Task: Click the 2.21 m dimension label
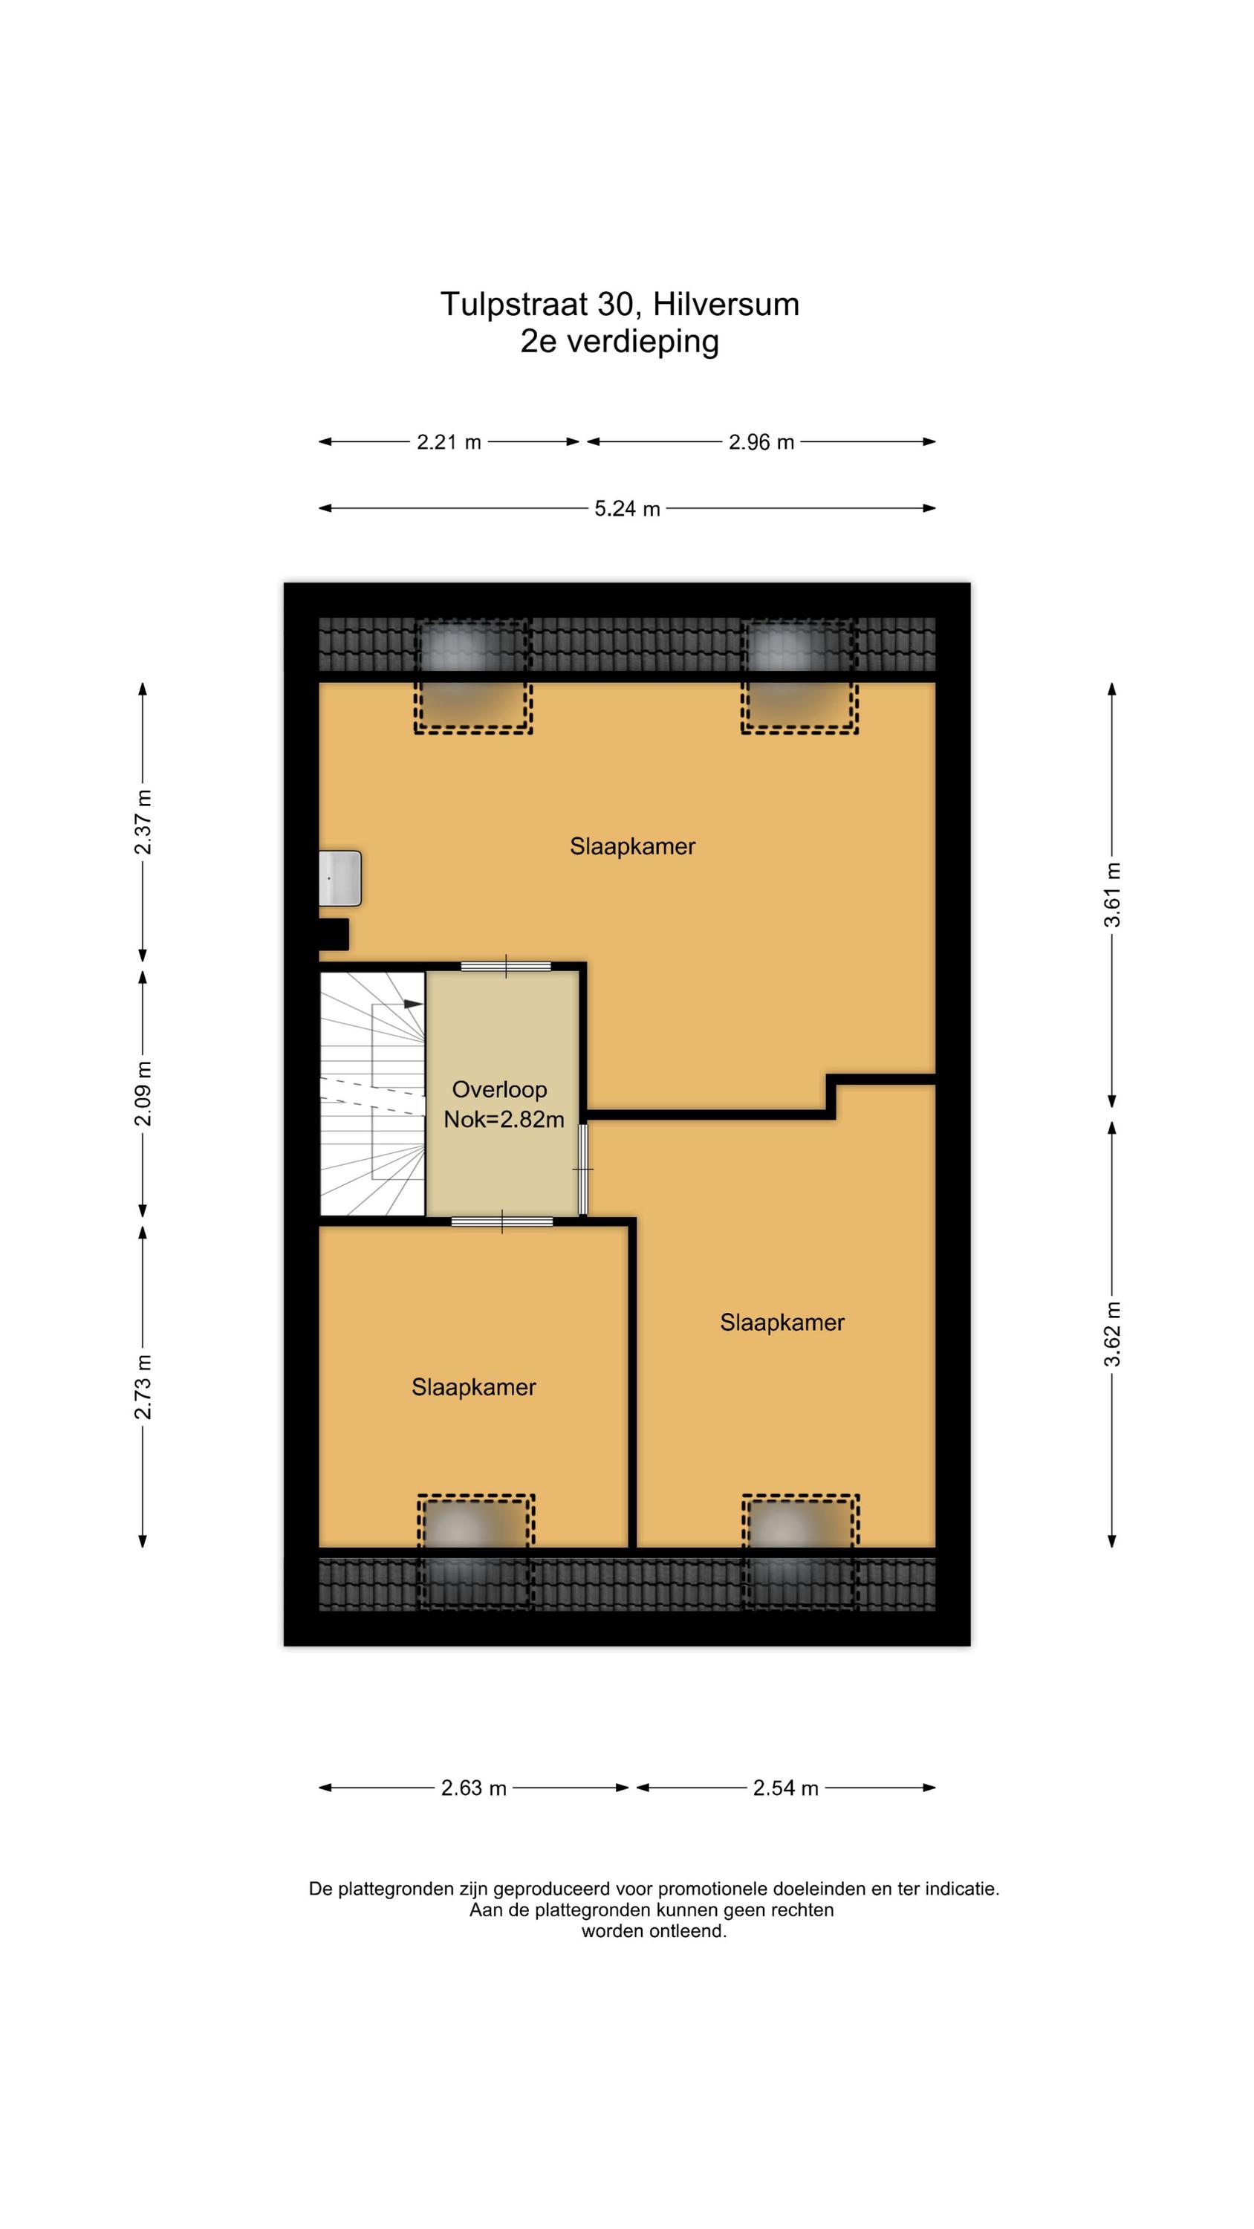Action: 448,442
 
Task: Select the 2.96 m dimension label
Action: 761,442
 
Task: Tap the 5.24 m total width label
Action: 626,509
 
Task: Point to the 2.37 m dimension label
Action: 143,821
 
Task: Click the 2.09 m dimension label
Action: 143,1093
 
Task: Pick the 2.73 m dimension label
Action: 143,1386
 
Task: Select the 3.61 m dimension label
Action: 1111,895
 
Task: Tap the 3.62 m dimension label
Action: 1111,1334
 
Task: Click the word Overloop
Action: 499,1089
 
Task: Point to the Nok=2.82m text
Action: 504,1120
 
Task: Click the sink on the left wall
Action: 340,878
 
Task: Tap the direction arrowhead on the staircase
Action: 414,1004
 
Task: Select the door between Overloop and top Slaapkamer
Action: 505,967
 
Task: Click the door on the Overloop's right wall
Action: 583,1169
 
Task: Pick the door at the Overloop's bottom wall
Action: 502,1221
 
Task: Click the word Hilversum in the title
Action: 726,305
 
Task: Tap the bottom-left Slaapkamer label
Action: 473,1387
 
